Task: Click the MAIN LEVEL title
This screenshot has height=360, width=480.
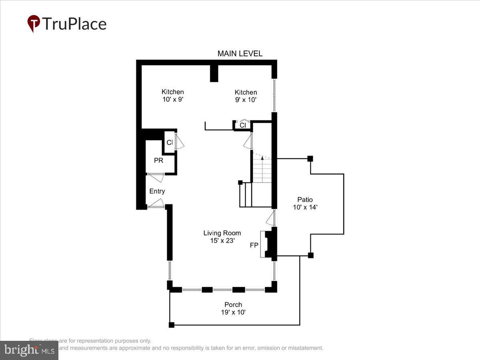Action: (240, 54)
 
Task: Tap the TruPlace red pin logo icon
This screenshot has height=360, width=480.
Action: (34, 24)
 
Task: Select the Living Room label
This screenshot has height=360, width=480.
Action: (222, 233)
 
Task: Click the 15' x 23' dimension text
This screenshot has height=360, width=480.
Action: (222, 241)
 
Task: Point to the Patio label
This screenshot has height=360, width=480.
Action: (305, 200)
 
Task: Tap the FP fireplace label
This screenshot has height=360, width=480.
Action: (254, 245)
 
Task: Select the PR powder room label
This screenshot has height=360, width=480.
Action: (158, 160)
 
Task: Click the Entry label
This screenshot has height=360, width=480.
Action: (157, 191)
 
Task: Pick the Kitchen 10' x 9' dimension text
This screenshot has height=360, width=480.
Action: (172, 100)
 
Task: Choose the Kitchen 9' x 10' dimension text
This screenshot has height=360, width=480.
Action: (246, 100)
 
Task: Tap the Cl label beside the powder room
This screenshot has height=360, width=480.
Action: (170, 142)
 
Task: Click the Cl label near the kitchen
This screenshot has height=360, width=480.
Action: (242, 125)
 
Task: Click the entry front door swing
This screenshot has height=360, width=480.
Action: (157, 203)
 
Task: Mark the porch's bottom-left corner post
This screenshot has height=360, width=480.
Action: (171, 325)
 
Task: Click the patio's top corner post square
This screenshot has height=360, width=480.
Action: (310, 159)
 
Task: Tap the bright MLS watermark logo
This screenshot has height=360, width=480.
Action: (29, 350)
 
